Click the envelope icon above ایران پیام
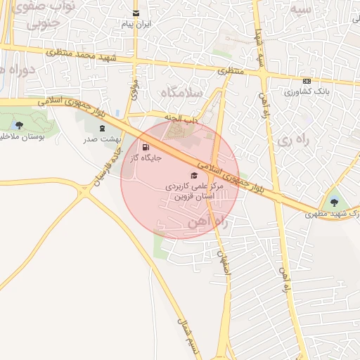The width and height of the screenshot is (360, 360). click(x=136, y=13)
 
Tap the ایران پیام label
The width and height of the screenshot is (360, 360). click(x=136, y=25)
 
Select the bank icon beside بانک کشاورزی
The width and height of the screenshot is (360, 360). click(x=307, y=81)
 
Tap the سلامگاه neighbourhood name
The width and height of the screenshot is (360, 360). click(x=181, y=93)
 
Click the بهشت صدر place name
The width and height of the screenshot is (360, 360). click(x=103, y=140)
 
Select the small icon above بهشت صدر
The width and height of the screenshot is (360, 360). click(x=103, y=129)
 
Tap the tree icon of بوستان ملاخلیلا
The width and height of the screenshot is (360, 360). click(x=19, y=125)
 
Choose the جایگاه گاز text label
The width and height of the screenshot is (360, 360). click(x=146, y=158)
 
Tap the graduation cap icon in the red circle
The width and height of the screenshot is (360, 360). click(x=194, y=175)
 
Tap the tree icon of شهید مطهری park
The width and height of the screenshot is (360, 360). click(x=334, y=202)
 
